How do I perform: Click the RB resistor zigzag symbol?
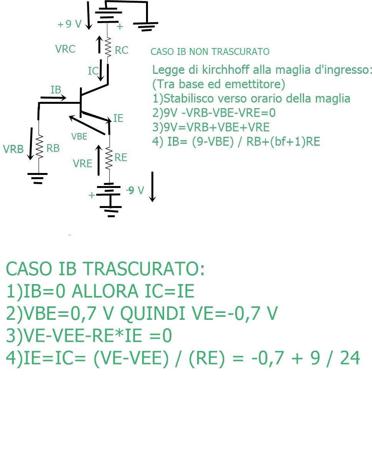pyautogui.click(x=39, y=146)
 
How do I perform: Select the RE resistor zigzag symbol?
pyautogui.click(x=109, y=158)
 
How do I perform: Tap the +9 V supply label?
pyautogui.click(x=70, y=24)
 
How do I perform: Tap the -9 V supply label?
pyautogui.click(x=135, y=190)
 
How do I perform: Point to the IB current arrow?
pyautogui.click(x=53, y=98)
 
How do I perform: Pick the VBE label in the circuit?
pyautogui.click(x=79, y=136)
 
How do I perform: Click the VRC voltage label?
pyautogui.click(x=65, y=49)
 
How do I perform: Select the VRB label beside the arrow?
pyautogui.click(x=13, y=149)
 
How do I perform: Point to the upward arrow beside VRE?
pyautogui.click(x=98, y=160)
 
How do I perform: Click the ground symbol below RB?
pyautogui.click(x=38, y=178)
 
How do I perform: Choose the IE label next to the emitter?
pyautogui.click(x=118, y=118)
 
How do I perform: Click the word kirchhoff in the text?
pyautogui.click(x=225, y=70)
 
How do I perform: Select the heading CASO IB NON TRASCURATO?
pyautogui.click(x=210, y=52)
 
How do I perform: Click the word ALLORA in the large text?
pyautogui.click(x=105, y=291)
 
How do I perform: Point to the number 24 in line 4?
pyautogui.click(x=350, y=358)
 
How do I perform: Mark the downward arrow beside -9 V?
pyautogui.click(x=153, y=187)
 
